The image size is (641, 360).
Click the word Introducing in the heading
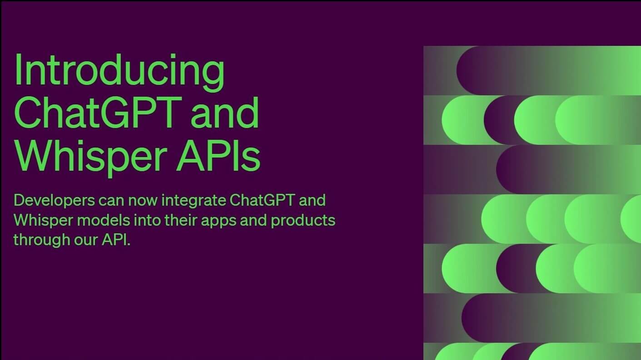pos(119,70)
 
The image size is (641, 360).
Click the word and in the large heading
pos(224,113)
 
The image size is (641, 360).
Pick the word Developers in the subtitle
pos(54,200)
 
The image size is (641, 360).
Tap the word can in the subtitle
pos(112,200)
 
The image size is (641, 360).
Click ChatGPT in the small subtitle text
pos(263,200)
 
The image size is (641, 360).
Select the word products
pos(303,221)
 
